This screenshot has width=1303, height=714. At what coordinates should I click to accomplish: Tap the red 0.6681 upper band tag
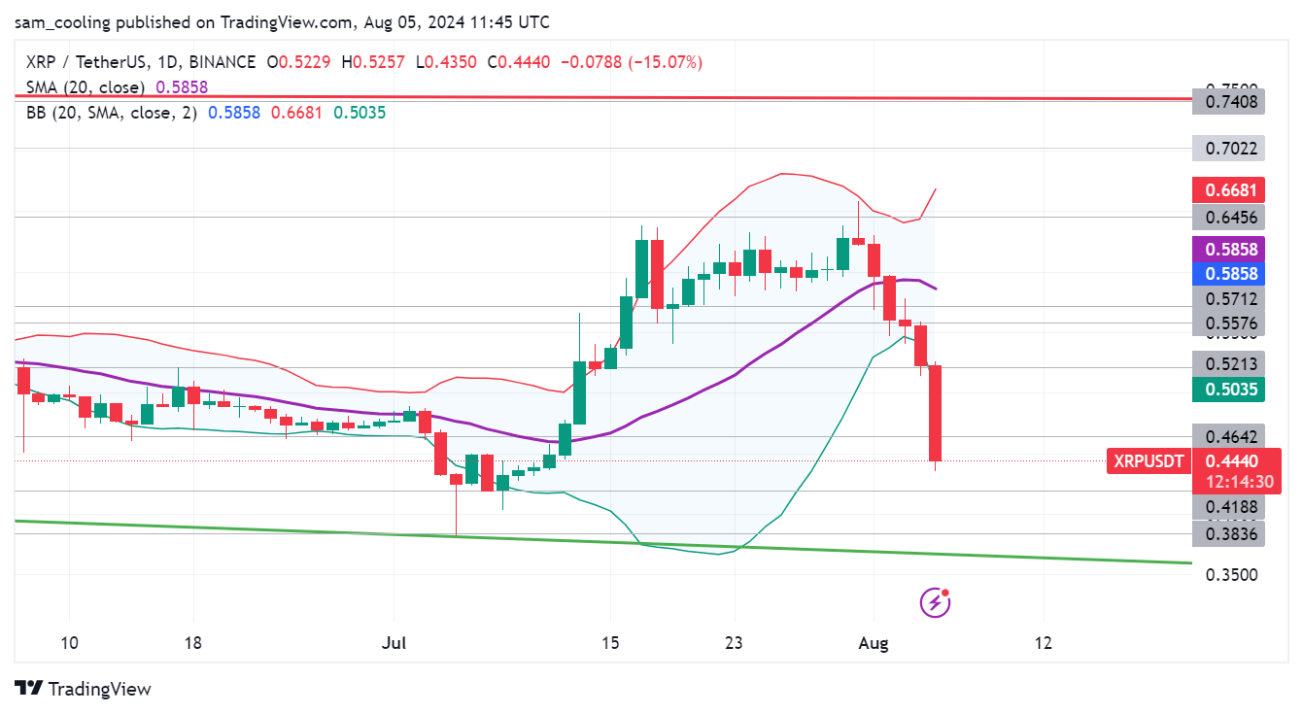[x=1230, y=189]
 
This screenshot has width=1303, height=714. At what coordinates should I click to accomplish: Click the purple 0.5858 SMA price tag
[x=1230, y=249]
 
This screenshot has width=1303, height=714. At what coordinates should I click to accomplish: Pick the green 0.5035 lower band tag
[x=1230, y=391]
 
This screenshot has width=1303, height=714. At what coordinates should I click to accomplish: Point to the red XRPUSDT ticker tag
[x=1149, y=461]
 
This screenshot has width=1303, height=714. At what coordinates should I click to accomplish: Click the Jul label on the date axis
[x=394, y=643]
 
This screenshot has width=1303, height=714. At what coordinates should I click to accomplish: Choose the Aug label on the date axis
[x=874, y=643]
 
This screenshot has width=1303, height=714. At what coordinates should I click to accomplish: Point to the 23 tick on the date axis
[x=734, y=643]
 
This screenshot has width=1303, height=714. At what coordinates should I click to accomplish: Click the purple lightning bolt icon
[x=935, y=602]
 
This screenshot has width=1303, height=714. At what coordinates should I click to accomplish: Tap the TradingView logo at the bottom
[x=84, y=689]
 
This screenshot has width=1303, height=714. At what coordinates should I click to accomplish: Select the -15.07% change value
[x=665, y=62]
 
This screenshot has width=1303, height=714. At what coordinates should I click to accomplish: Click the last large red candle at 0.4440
[x=936, y=413]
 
